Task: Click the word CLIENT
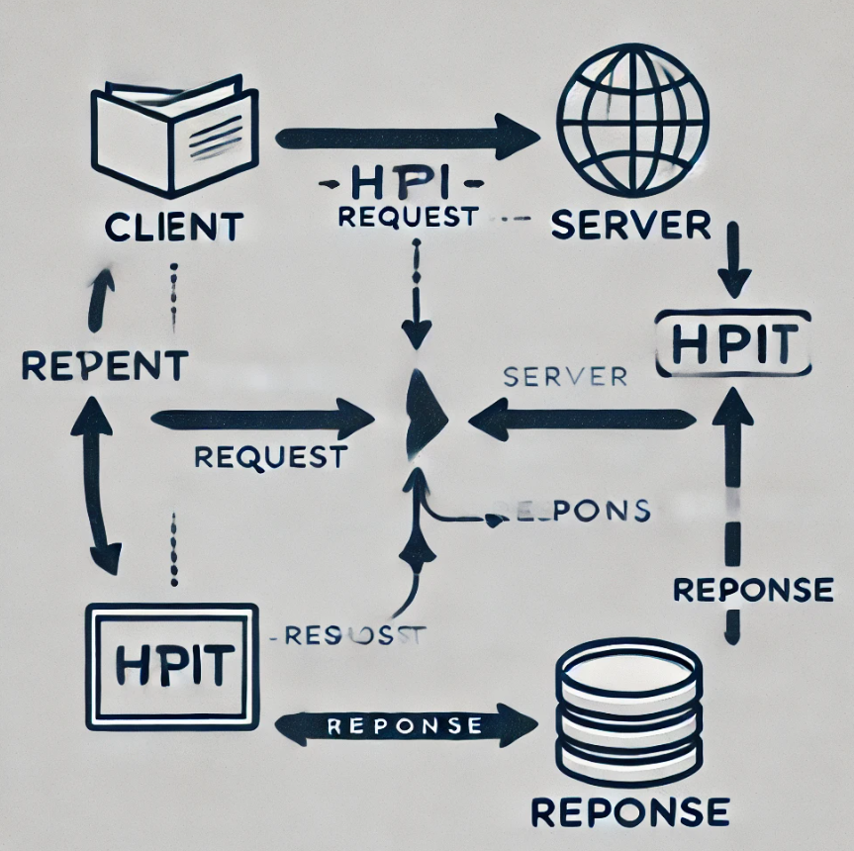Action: (174, 228)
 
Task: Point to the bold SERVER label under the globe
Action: (631, 226)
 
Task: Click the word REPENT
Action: (104, 365)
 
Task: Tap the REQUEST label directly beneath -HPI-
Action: (408, 217)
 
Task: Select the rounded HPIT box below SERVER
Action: (733, 342)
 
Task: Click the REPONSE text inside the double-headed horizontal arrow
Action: (404, 725)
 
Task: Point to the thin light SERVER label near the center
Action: (565, 376)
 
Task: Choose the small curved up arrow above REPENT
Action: (100, 298)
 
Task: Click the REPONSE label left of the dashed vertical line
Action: (752, 590)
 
